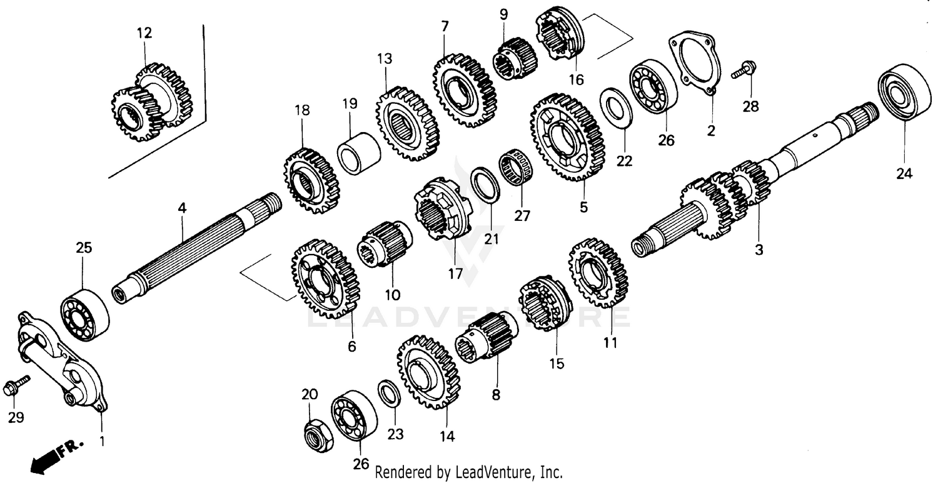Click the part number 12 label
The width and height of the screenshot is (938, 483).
point(144,33)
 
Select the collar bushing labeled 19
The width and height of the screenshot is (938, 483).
point(359,153)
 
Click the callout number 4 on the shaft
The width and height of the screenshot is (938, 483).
point(182,208)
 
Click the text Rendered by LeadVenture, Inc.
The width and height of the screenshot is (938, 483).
point(469,472)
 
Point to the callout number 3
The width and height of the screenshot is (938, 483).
point(759,251)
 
